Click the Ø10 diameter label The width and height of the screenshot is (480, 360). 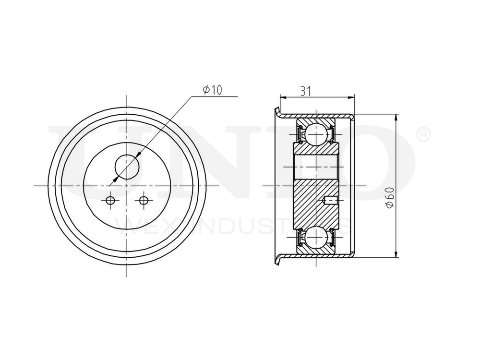coord(213,90)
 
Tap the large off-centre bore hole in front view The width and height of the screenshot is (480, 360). coord(127,167)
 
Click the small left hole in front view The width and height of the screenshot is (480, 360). coord(110,200)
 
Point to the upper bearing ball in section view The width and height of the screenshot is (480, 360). coord(316,134)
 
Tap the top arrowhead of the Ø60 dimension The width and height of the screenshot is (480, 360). coord(396,117)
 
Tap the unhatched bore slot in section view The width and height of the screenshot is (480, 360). coord(316,166)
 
